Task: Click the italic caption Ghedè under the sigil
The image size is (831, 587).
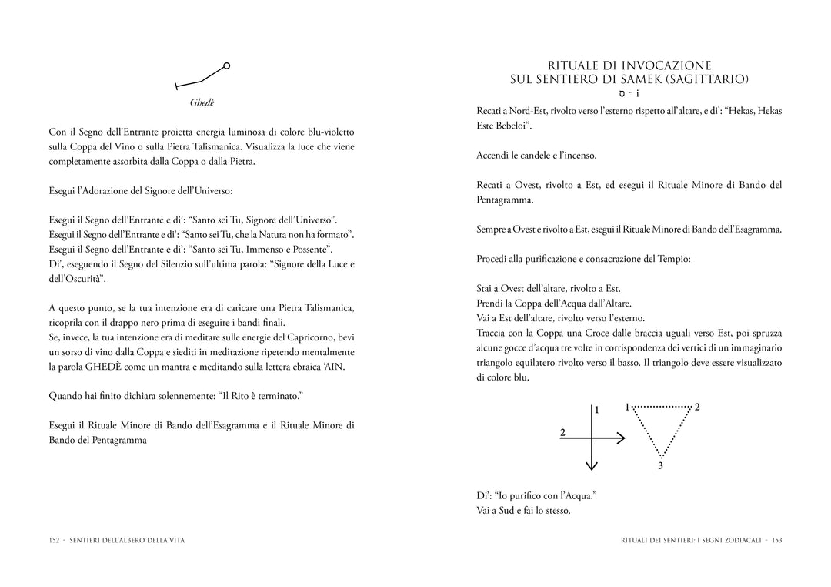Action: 202,102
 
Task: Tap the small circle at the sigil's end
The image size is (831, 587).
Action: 226,66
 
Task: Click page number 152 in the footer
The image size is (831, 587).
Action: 54,540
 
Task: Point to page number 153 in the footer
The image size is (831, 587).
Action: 776,540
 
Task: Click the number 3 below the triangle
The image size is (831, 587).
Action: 660,466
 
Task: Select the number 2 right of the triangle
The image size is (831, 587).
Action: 697,407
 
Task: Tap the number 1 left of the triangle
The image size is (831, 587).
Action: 627,407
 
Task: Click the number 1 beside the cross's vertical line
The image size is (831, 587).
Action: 596,411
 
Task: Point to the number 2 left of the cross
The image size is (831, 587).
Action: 562,433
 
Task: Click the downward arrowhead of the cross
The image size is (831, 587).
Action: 591,465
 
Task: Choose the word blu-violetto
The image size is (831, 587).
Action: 327,132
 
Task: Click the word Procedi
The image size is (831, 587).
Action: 494,259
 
